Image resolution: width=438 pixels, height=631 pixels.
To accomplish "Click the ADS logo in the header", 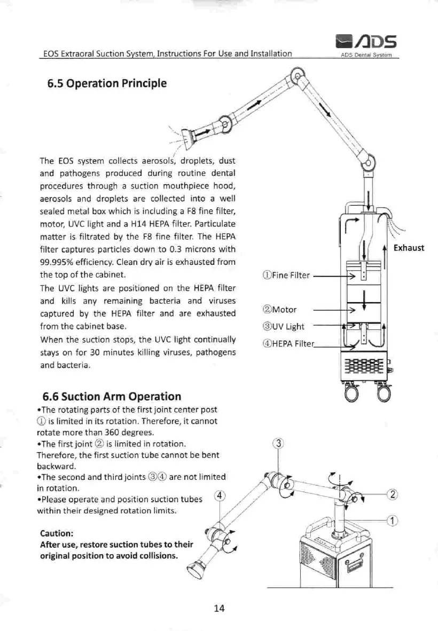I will (366, 40).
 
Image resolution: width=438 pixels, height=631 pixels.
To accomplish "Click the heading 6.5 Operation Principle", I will (107, 84).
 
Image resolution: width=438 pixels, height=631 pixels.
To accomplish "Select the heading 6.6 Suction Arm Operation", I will (111, 397).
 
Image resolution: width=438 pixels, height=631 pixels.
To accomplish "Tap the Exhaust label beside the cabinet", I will (409, 247).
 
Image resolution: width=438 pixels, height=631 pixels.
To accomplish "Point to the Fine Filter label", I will (286, 276).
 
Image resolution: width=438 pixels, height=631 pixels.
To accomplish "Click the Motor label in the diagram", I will (280, 309).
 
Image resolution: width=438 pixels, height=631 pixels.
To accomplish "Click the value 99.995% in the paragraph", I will (58, 263).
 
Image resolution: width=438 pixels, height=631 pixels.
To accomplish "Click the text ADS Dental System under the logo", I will (366, 54).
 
